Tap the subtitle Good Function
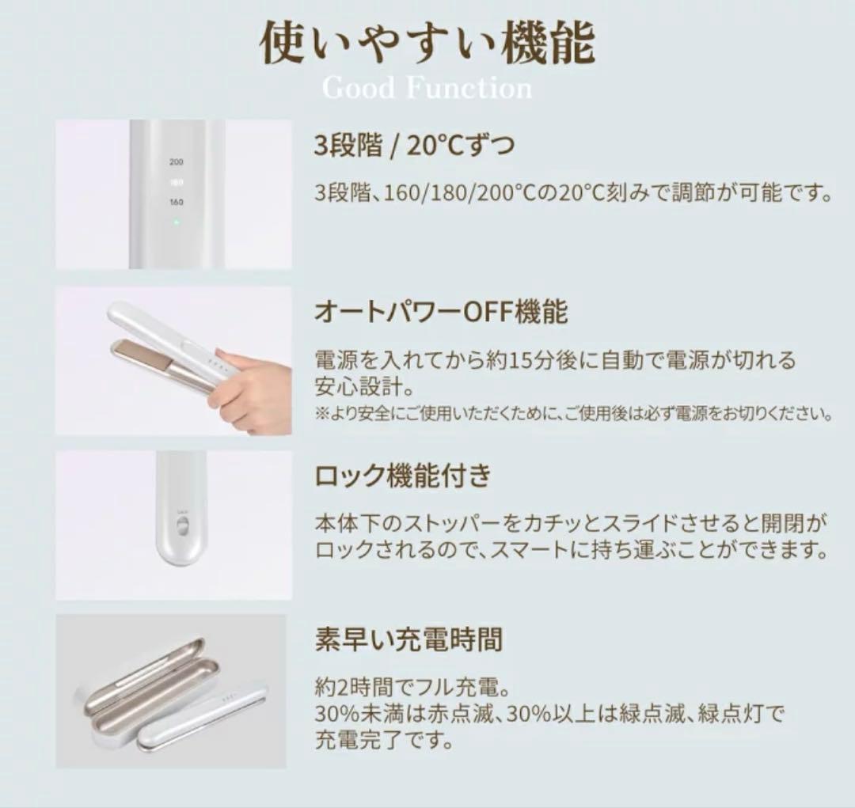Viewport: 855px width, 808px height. point(427,87)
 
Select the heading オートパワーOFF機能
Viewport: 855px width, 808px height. point(441,312)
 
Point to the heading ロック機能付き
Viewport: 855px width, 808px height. point(402,476)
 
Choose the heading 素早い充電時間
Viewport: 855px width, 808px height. point(408,639)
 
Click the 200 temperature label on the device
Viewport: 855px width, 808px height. point(176,161)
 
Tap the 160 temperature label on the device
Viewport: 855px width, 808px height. point(176,202)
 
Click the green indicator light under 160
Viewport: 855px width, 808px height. point(176,222)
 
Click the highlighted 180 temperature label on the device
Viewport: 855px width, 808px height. point(176,181)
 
